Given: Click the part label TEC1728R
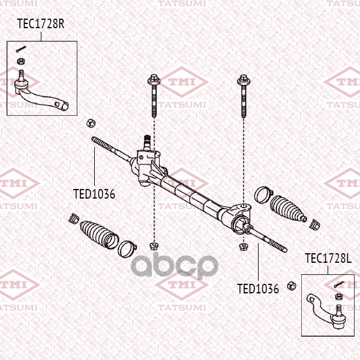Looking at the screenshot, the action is pos(41,25).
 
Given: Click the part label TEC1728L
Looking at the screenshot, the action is pos(327,259).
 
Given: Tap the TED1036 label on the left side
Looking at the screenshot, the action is pos(94,194).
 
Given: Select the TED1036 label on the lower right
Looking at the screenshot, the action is pos(258,289).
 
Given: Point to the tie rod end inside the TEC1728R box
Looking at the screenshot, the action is pos(42,96).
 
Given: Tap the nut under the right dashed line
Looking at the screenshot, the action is pos(244,245).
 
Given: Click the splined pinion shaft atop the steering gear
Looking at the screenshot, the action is pos(146,142).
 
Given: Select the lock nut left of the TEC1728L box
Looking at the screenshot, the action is pos(292,284).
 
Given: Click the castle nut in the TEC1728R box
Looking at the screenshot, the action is pos(21,61).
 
